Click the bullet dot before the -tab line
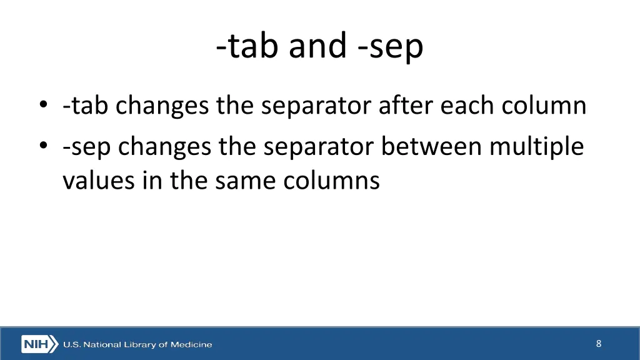pos(42,106)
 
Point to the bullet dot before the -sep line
pos(42,147)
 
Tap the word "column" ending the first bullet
pos(547,106)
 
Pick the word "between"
pos(432,147)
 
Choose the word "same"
pos(246,181)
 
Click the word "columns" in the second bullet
pos(331,181)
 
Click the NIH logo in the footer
pos(39,344)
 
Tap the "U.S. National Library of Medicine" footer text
pos(137,344)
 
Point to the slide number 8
pos(599,343)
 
